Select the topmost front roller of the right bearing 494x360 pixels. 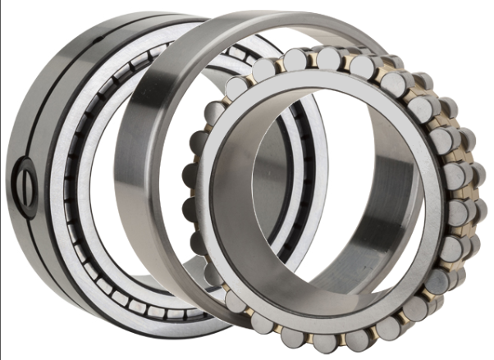tap(327, 58)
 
